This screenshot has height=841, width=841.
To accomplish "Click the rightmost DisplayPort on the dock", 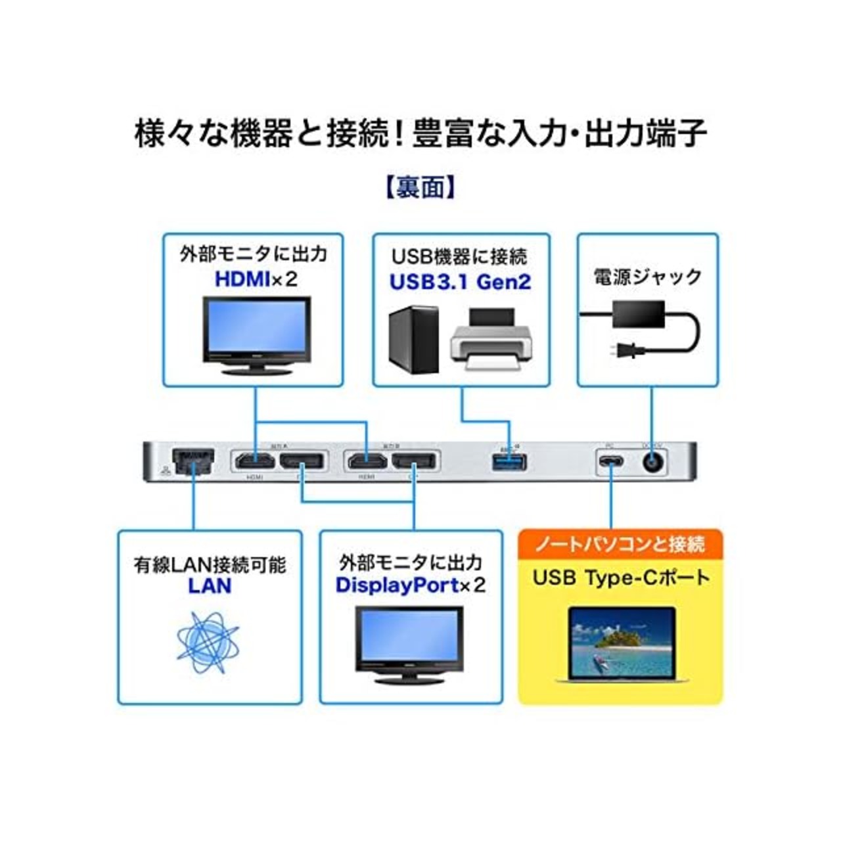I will click(x=415, y=461).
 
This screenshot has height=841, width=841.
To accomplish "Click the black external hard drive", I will click(x=413, y=340).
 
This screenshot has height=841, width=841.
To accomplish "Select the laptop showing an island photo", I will click(x=621, y=644).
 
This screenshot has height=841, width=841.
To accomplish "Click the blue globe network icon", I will click(x=208, y=642).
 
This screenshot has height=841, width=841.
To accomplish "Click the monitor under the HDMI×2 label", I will click(x=256, y=335).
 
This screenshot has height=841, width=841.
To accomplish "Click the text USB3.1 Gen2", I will click(x=460, y=282).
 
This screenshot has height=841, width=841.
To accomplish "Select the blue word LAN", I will click(x=210, y=585).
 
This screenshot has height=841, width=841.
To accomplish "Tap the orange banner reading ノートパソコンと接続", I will click(x=620, y=544).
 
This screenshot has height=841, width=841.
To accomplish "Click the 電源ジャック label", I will click(x=647, y=277).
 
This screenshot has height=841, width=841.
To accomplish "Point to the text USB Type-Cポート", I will click(x=621, y=578).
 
